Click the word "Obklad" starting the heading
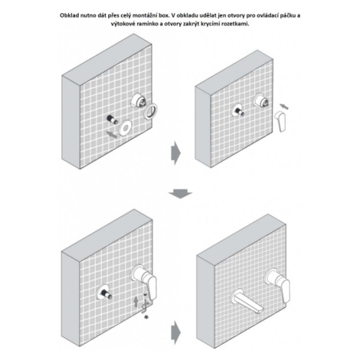click(68, 15)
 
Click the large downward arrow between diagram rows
click(180, 194)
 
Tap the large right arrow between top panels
click(176, 153)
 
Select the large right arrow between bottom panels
click(176, 332)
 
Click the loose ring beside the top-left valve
click(151, 111)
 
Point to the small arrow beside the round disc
click(112, 135)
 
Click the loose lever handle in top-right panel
click(280, 122)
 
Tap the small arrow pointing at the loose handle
click(284, 106)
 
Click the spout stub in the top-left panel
click(112, 119)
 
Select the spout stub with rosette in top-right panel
click(238, 112)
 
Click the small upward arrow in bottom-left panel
click(136, 302)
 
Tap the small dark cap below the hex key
click(146, 317)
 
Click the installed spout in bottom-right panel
click(247, 302)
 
